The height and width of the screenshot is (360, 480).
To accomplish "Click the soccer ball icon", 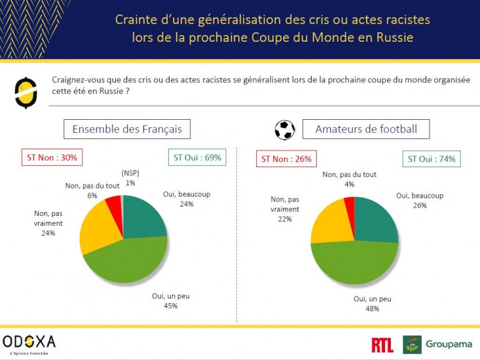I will click(285, 130).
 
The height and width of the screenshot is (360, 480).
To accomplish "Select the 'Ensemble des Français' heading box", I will click(127, 129).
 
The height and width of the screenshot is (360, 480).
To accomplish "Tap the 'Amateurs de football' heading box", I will click(366, 129).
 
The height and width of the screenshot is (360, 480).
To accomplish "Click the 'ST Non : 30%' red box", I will click(52, 157).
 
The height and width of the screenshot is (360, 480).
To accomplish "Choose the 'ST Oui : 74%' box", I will click(431, 158).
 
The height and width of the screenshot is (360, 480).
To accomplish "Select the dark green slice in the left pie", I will click(144, 215).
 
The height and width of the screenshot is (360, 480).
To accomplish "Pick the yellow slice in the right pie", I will click(327, 221).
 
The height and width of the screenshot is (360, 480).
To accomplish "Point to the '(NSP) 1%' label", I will click(130, 178).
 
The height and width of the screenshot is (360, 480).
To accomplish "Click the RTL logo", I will click(382, 344).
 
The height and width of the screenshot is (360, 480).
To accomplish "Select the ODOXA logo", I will click(29, 343).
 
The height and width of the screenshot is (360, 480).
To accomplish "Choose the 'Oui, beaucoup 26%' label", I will click(420, 200).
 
